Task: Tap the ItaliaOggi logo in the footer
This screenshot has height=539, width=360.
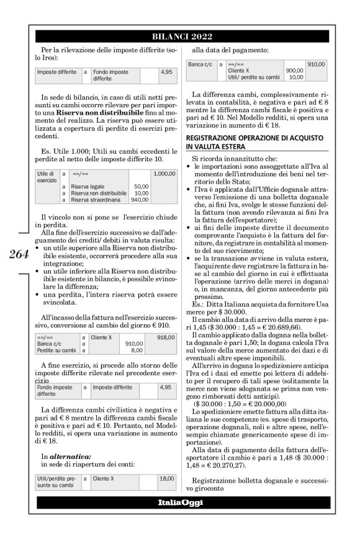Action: pyautogui.click(x=179, y=519)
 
